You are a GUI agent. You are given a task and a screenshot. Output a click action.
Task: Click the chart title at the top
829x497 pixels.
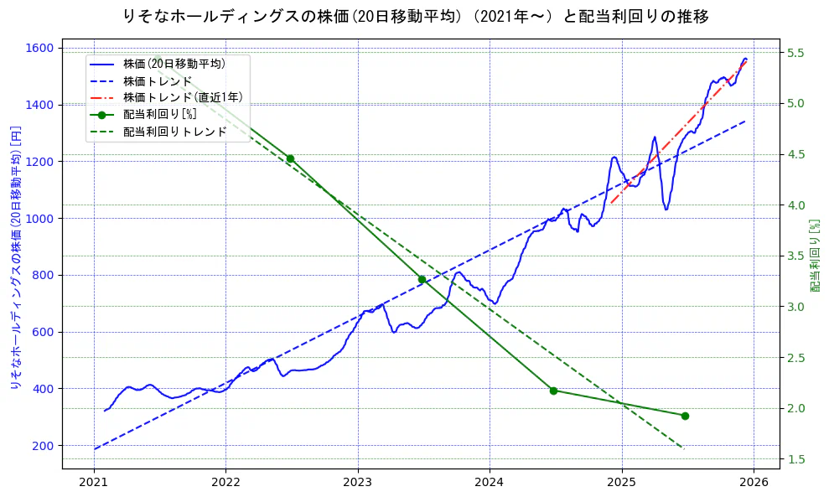coord(415,16)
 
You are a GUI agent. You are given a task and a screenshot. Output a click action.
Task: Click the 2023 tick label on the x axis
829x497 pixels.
coord(358,482)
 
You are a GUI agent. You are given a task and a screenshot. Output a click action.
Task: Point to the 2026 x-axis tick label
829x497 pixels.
coord(754,482)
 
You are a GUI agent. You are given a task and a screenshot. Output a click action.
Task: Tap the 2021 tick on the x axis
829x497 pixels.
coord(94,482)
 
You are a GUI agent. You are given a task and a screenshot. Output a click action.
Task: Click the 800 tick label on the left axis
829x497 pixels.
coord(44,275)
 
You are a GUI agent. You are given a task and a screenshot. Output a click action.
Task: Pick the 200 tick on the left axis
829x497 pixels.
coord(44,445)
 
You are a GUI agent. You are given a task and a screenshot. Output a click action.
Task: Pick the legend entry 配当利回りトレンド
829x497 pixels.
coord(175,132)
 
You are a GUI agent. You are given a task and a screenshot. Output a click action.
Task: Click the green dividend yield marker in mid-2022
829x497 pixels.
coord(290,158)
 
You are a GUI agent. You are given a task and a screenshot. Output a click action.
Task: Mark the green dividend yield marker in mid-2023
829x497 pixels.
coord(422,279)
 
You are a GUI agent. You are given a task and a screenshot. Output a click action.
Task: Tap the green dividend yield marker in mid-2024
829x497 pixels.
coord(553,391)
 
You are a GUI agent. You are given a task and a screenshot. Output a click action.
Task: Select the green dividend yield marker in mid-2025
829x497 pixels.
coord(685,416)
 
